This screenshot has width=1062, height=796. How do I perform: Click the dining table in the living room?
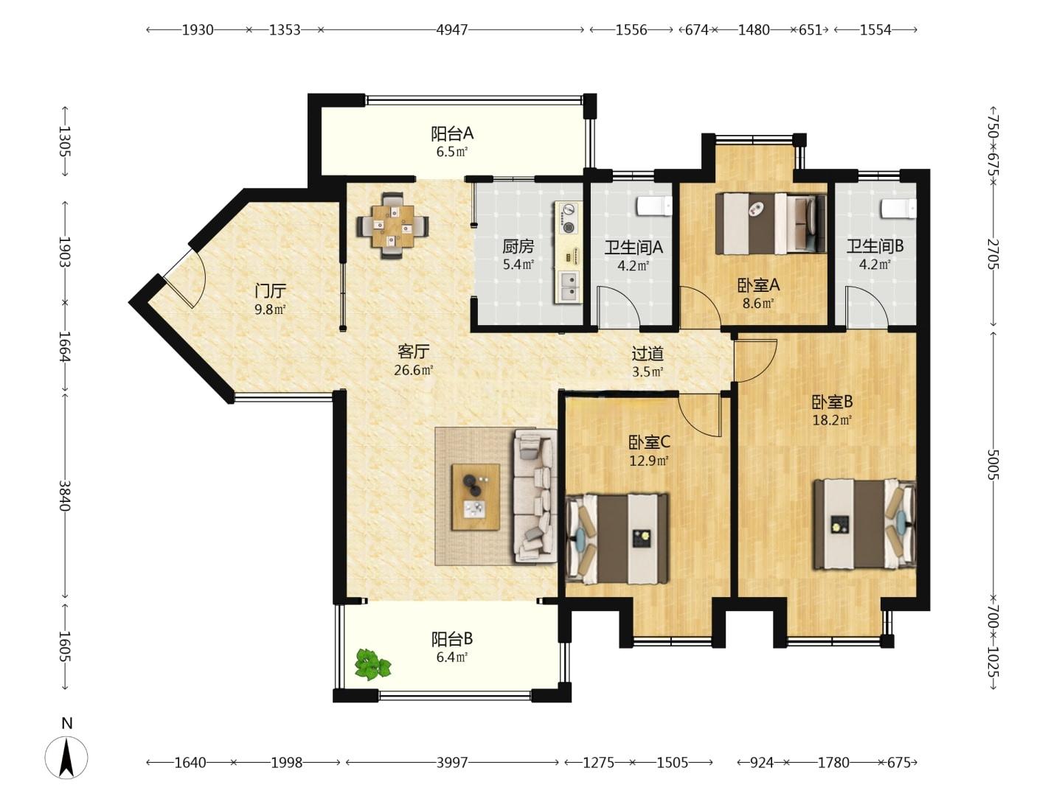(x=392, y=226)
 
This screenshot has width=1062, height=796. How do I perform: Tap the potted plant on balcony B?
(x=372, y=665)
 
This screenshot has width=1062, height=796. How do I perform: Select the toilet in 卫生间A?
(x=654, y=206)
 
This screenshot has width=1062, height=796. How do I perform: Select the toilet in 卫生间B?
(x=898, y=209)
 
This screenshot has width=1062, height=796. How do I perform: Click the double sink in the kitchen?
(x=569, y=287)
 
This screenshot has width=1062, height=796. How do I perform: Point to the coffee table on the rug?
(x=475, y=497)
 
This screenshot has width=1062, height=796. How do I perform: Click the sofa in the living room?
(x=535, y=496)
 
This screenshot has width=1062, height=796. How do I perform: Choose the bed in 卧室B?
(x=864, y=524)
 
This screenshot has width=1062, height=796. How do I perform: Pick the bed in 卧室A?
(x=771, y=224)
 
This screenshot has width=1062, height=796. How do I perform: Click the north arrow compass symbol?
(x=66, y=758)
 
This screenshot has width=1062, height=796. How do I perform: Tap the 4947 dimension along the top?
(x=452, y=30)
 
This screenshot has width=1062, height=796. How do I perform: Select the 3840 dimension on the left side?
(x=65, y=495)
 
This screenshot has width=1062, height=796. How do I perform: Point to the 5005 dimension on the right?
(x=993, y=464)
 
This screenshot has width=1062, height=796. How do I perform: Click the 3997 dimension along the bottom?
(x=452, y=763)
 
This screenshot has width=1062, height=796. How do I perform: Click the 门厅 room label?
(x=271, y=291)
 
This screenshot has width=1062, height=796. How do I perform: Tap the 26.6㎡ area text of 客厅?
(x=413, y=370)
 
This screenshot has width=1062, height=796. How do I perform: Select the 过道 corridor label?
(x=648, y=354)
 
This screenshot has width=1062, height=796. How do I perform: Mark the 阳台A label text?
(x=452, y=133)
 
